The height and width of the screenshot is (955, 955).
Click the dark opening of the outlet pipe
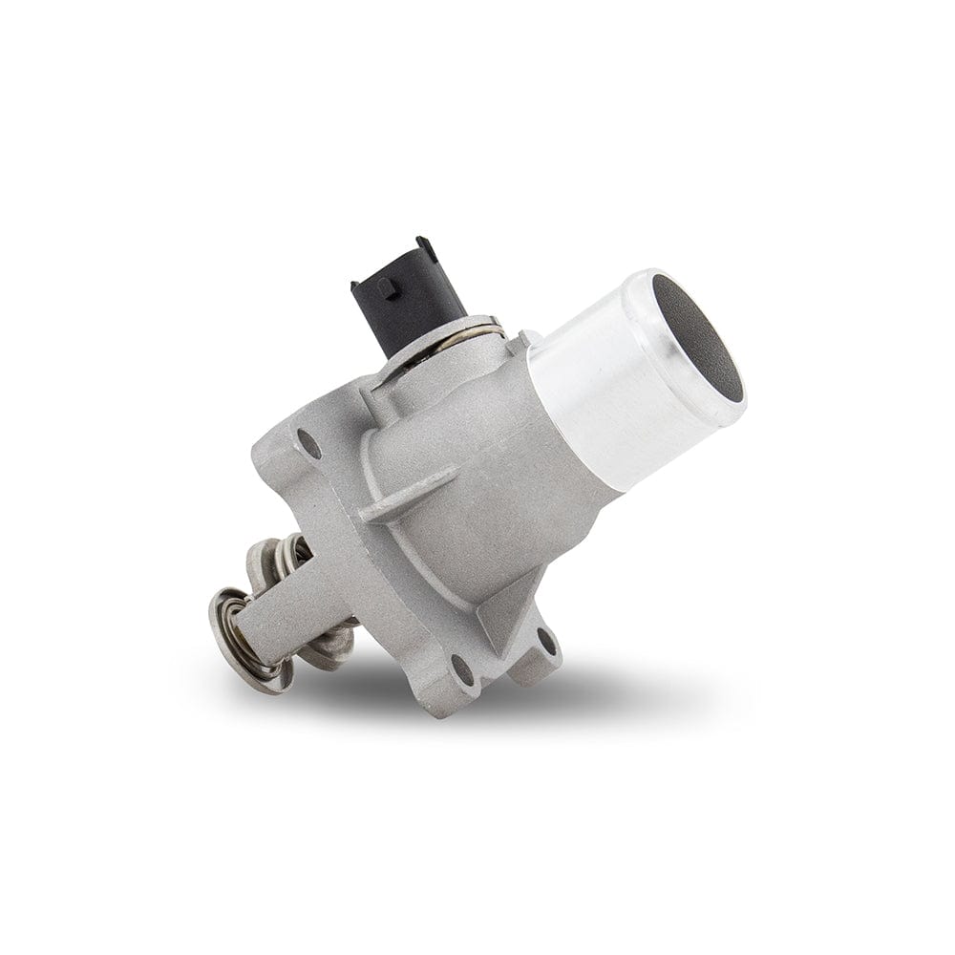click(702, 344)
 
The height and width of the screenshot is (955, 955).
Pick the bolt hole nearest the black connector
click(308, 442)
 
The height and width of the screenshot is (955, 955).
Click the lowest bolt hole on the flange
click(461, 670)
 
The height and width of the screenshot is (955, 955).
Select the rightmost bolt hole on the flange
click(546, 641)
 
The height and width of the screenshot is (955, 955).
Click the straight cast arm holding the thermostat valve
click(286, 611)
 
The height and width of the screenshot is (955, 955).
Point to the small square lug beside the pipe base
click(528, 341)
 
